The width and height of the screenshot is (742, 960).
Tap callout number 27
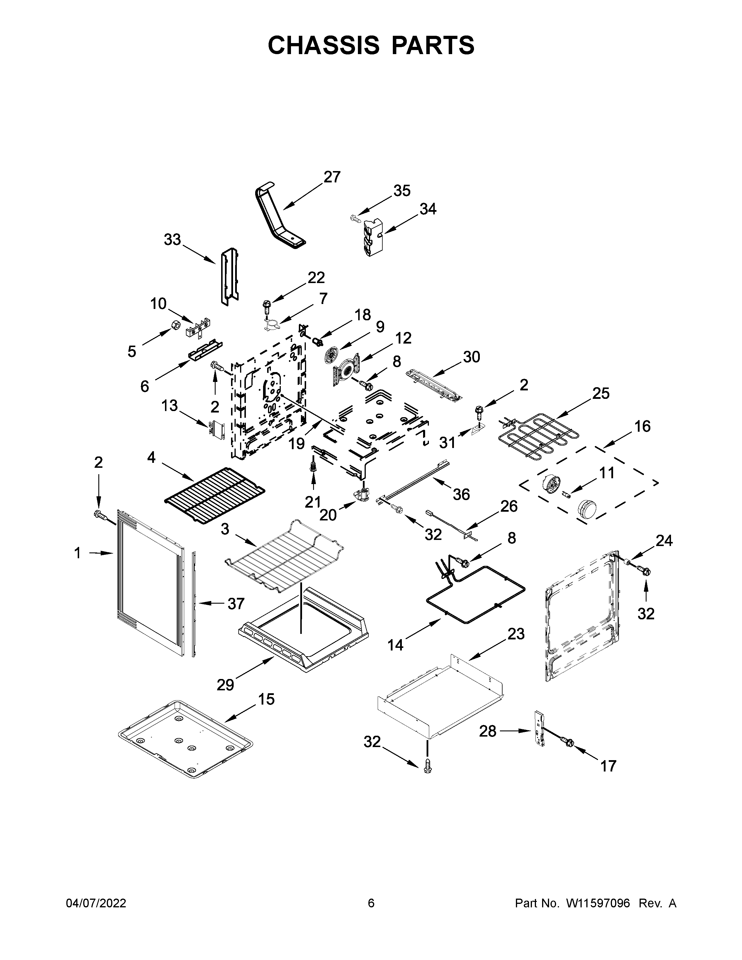tap(332, 177)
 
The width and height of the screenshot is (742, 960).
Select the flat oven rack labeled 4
tap(214, 495)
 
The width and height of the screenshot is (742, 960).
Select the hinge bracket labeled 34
tap(372, 237)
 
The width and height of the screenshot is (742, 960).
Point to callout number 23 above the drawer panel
tap(516, 634)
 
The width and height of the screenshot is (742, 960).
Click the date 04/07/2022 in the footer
tap(96, 903)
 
